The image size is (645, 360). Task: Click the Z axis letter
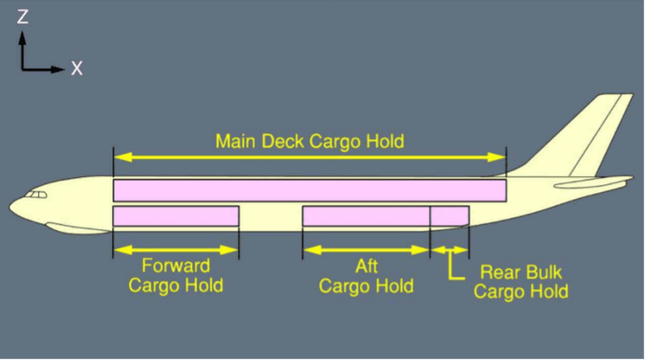click(x=22, y=16)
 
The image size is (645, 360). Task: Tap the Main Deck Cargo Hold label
click(x=309, y=140)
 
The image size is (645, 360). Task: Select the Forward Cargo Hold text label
click(x=175, y=276)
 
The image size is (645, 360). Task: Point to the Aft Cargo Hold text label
click(x=366, y=276)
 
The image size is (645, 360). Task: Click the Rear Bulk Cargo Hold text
click(x=521, y=283)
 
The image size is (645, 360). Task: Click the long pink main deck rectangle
click(x=309, y=190)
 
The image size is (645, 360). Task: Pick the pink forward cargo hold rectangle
click(x=175, y=216)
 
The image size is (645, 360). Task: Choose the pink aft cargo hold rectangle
click(x=366, y=216)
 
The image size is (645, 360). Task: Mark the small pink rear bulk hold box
click(x=449, y=216)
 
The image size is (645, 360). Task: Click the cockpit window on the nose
click(x=36, y=196)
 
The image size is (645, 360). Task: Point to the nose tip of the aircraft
click(x=12, y=207)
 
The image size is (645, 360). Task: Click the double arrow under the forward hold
click(x=175, y=250)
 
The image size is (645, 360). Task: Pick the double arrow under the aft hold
click(x=366, y=250)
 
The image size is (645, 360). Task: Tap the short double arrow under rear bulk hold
click(x=449, y=250)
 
